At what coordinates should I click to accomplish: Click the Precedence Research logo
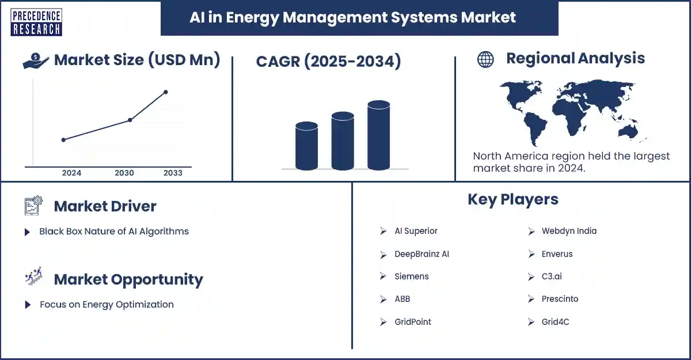coord(36,22)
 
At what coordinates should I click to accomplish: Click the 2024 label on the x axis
coord(71,173)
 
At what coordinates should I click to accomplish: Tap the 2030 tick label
coord(124,173)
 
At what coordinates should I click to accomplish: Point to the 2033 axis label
coord(173,173)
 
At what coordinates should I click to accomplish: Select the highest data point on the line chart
coord(166,92)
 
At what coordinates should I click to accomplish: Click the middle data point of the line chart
coord(130,120)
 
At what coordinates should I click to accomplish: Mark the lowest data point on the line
coord(63,140)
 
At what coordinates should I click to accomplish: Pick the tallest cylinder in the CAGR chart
coord(378,135)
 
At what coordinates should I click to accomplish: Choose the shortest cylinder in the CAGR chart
coord(306,146)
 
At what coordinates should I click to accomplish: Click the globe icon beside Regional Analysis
coord(485,59)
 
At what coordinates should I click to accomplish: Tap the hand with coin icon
coord(36,60)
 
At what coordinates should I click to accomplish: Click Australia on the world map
coord(628,132)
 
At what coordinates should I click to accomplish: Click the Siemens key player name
coord(412,276)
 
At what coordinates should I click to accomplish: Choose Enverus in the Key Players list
coord(557,254)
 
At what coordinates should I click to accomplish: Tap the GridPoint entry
coord(413,322)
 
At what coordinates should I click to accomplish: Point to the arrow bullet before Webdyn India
coord(531,231)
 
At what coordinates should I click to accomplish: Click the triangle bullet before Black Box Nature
coord(27,232)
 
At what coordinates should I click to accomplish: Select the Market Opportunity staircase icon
coord(33,276)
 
